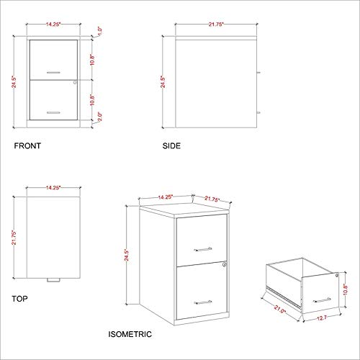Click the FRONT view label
point(27,145)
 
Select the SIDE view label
point(171,145)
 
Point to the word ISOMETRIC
point(129,334)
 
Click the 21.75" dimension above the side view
point(212,24)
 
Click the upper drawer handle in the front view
point(53,73)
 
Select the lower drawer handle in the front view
point(53,112)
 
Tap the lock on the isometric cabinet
point(225,266)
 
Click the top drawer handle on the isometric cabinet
point(203,248)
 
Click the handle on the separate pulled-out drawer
point(321,297)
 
